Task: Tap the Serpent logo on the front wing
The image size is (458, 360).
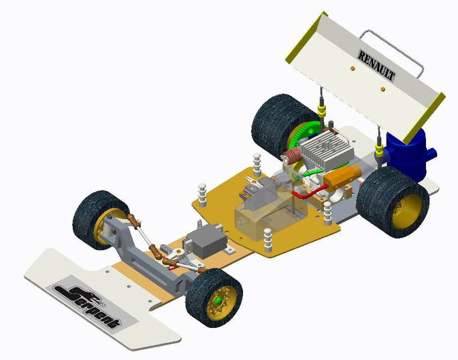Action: tap(88, 306)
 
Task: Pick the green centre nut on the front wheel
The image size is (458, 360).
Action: tap(217, 300)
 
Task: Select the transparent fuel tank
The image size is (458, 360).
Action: tap(270, 215)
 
